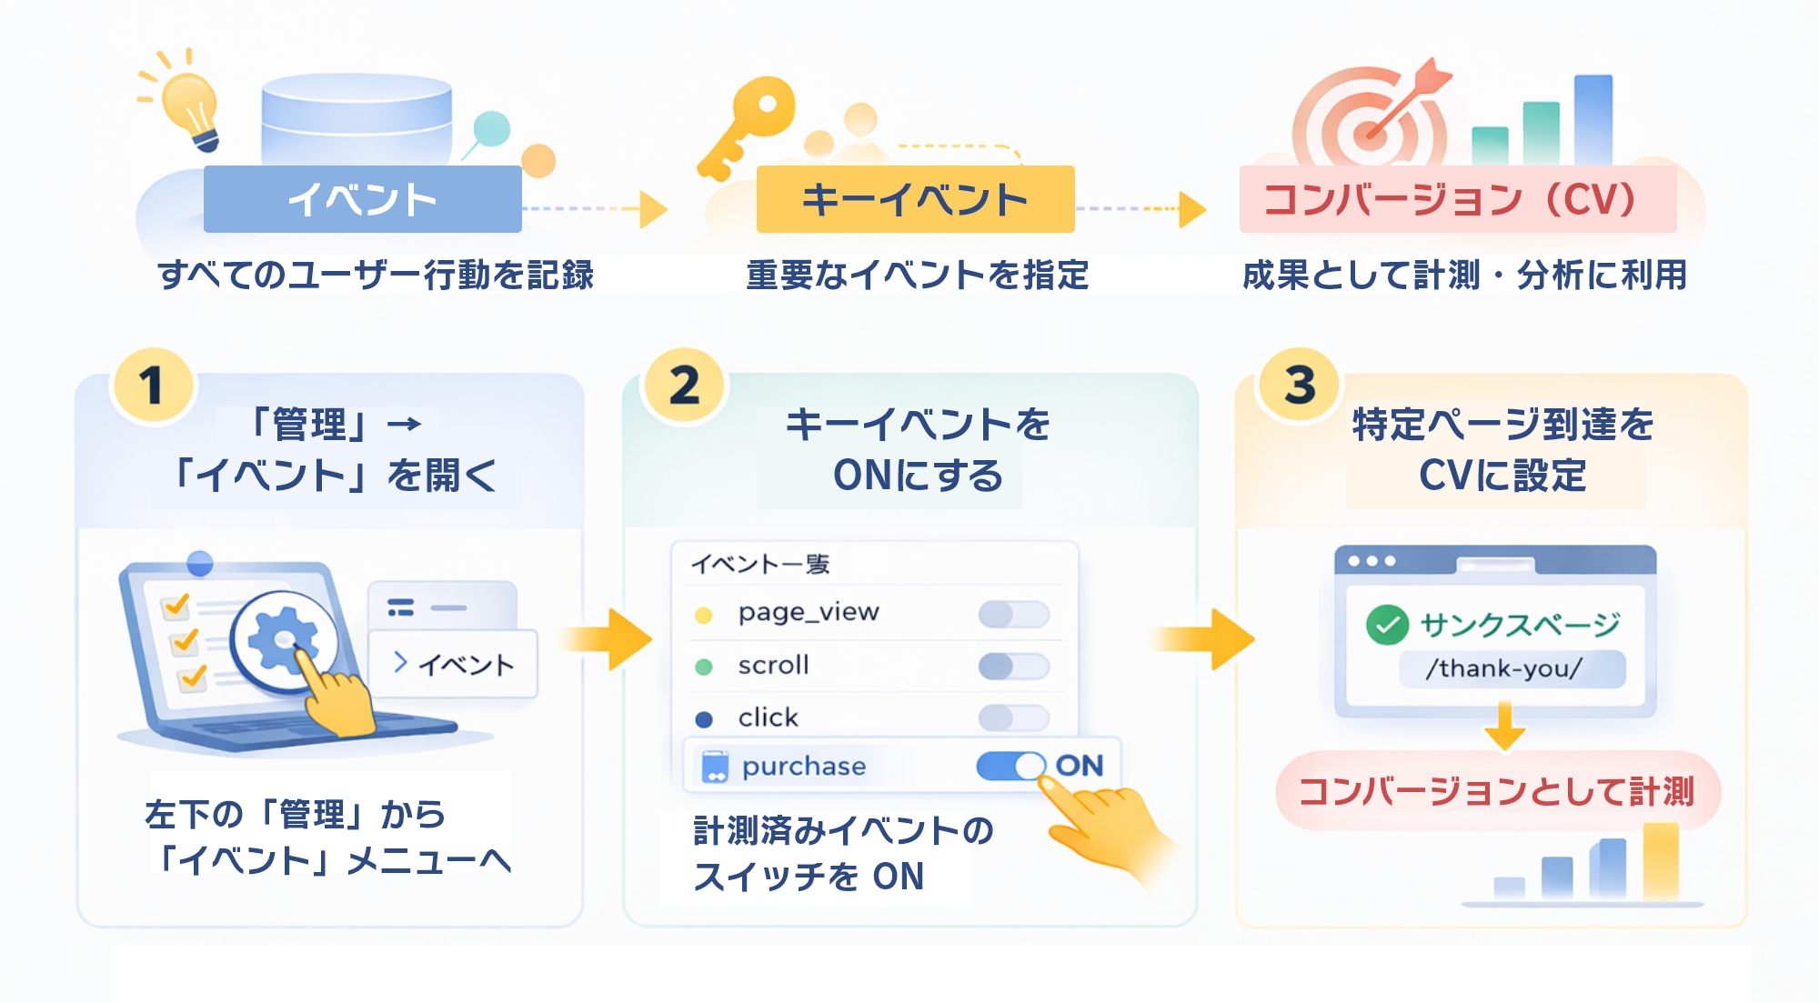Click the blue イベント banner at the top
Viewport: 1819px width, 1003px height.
[362, 199]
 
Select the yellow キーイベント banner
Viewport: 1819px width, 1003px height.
[915, 199]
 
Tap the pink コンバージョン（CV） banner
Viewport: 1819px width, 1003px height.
[1457, 199]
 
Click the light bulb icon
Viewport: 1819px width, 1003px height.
[190, 105]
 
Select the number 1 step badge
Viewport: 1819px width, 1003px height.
[152, 386]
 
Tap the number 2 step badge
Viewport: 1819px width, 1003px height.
[684, 386]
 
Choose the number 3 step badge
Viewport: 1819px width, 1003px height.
[1300, 386]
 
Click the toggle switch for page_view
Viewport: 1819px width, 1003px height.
[1013, 614]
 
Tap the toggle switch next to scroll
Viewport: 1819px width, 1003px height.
[1013, 667]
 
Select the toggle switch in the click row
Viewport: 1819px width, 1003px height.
[1013, 718]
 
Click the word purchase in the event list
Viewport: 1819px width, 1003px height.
[804, 767]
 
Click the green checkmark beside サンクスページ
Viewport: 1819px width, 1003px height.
[1387, 625]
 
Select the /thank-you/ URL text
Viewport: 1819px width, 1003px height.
[1504, 669]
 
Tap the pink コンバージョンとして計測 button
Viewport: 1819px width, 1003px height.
[1496, 791]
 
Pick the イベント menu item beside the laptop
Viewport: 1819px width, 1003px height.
[453, 664]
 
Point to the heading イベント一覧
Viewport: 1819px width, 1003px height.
[760, 565]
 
